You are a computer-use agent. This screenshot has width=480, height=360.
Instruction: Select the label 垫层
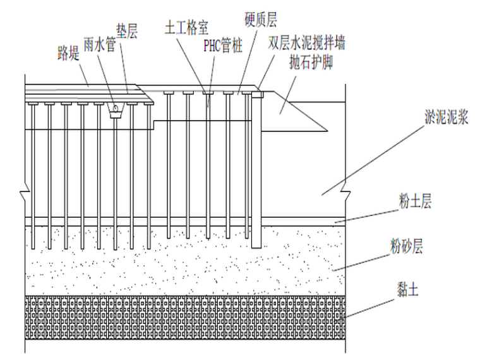[x=126, y=30]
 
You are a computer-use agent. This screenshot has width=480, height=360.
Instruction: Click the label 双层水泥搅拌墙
[x=307, y=44]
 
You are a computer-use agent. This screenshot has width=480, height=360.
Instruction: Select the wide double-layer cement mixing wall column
[x=256, y=171]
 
